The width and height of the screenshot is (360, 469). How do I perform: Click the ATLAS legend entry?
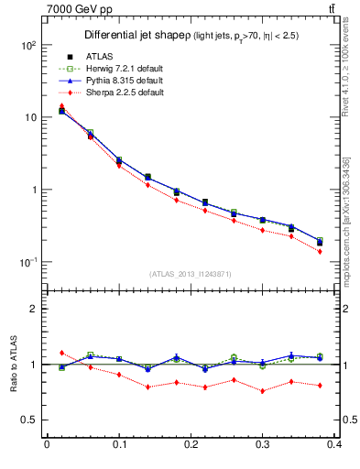98,58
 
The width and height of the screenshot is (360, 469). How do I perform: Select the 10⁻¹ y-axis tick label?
28,263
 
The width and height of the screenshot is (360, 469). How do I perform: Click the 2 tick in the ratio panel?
36,309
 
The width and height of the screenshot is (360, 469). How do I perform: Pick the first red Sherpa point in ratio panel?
61,353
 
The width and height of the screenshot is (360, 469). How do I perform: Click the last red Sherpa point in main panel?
320,251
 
